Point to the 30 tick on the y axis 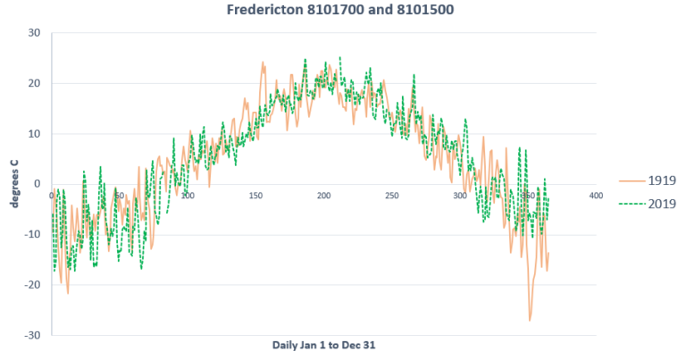pyautogui.click(x=35, y=33)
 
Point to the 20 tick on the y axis pyautogui.click(x=35, y=83)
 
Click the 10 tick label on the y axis pyautogui.click(x=35, y=134)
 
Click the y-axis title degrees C pyautogui.click(x=14, y=185)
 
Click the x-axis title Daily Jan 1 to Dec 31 pyautogui.click(x=323, y=345)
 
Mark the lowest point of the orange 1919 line pyautogui.click(x=530, y=320)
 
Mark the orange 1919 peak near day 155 pyautogui.click(x=264, y=63)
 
